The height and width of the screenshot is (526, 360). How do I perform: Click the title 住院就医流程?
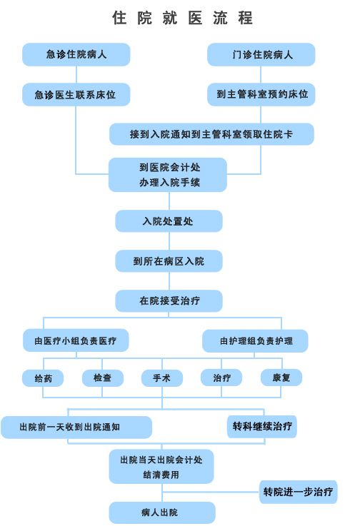182,18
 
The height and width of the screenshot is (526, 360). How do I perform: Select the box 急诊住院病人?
76,54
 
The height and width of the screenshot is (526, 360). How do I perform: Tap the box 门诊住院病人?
261,54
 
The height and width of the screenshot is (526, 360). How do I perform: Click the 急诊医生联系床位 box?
76,95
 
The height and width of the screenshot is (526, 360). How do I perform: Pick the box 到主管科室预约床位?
261,95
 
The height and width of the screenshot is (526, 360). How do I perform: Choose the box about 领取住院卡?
211,134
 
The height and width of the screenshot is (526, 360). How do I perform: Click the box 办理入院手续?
168,175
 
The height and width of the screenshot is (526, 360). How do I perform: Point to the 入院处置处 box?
169,221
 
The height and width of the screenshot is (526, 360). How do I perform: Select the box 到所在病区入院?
169,261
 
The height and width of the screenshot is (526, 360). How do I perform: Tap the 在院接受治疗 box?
169,301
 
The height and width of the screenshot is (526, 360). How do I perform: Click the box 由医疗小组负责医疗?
76,340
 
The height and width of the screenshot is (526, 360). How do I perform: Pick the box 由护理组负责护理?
255,341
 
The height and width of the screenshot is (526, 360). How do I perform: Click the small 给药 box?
43,378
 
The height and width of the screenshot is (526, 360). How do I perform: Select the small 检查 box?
103,378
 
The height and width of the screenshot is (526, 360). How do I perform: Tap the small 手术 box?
162,378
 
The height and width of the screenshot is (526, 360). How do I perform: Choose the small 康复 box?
281,378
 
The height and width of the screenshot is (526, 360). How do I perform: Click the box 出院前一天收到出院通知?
76,428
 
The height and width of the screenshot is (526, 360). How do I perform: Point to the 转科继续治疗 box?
262,427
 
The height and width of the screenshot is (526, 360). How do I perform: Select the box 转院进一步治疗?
298,492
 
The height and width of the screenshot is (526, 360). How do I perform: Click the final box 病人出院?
162,512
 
